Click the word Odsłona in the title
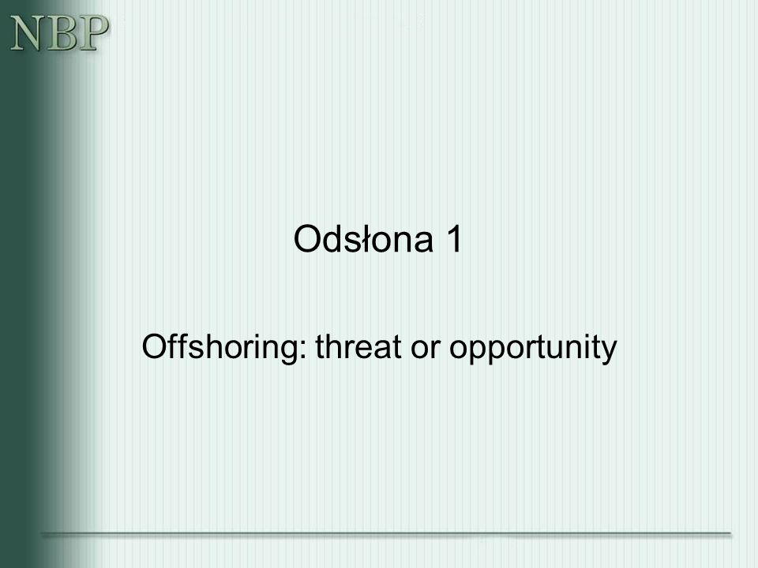tap(363, 238)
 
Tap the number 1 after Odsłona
tap(455, 238)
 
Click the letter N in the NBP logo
tap(26, 33)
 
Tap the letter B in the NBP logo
tap(59, 33)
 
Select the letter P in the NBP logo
tap(92, 33)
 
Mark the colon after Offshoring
tap(303, 349)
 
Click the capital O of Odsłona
tap(307, 238)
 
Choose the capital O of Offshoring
tap(155, 346)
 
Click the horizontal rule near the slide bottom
tap(386, 534)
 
